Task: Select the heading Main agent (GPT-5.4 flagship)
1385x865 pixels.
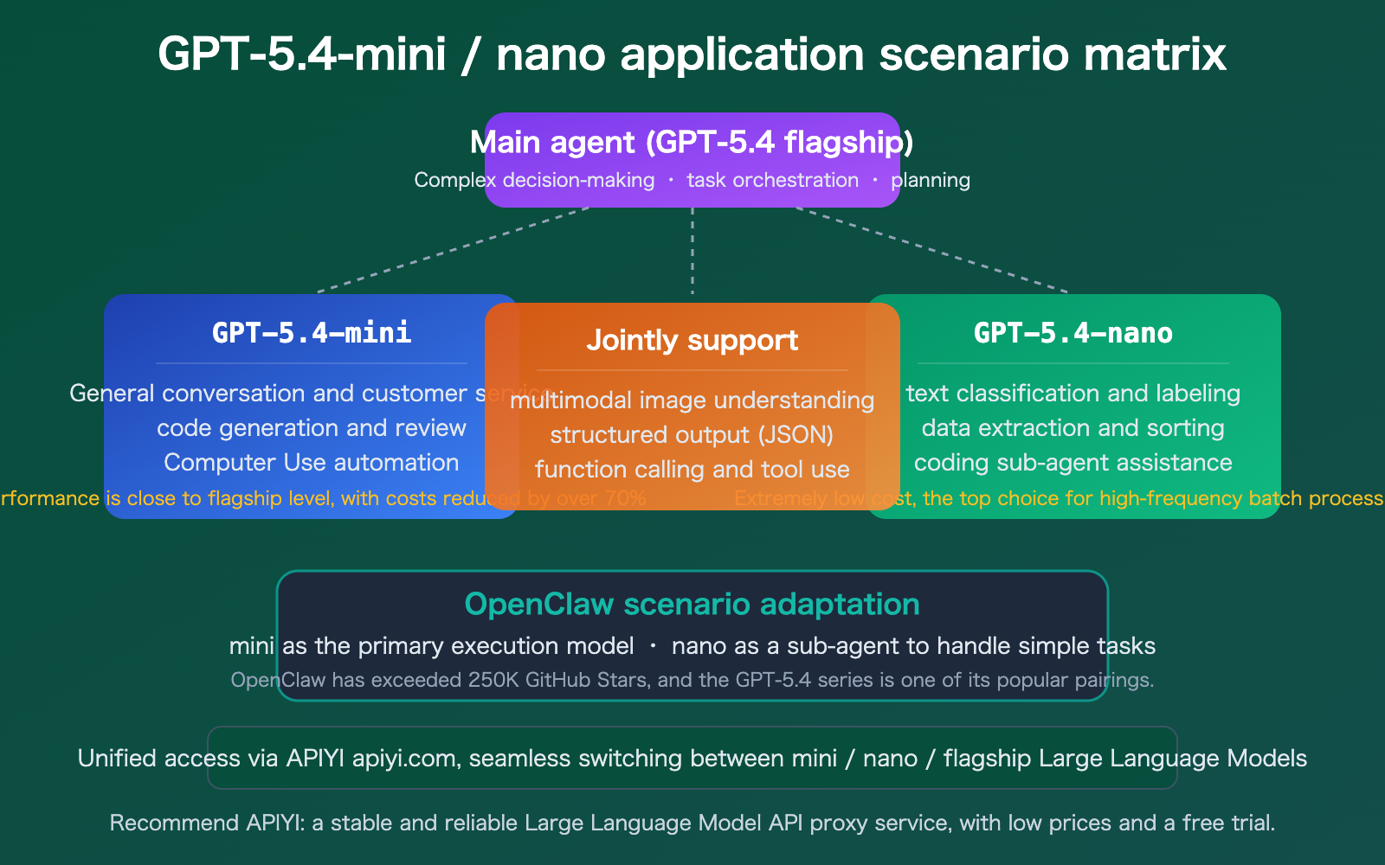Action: pyautogui.click(x=692, y=142)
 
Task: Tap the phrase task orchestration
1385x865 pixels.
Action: pyautogui.click(x=772, y=180)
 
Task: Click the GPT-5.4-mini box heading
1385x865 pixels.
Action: pyautogui.click(x=312, y=333)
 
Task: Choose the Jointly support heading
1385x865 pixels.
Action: pyautogui.click(x=692, y=340)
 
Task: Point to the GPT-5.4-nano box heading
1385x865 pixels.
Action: pyautogui.click(x=1073, y=333)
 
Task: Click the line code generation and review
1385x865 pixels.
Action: pyautogui.click(x=312, y=428)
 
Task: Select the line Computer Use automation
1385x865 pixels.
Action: pyautogui.click(x=312, y=463)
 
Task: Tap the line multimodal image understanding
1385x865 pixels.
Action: pyautogui.click(x=692, y=400)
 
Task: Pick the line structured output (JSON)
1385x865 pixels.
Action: pyautogui.click(x=692, y=434)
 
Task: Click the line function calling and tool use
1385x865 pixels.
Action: pyautogui.click(x=692, y=470)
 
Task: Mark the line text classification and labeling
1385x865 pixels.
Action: pyautogui.click(x=1073, y=394)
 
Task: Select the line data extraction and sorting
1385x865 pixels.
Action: pyautogui.click(x=1073, y=428)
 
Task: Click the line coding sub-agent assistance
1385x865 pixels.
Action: pyautogui.click(x=1073, y=463)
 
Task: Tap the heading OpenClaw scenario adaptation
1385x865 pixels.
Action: pyautogui.click(x=692, y=604)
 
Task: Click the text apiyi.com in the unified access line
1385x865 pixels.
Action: pyautogui.click(x=403, y=759)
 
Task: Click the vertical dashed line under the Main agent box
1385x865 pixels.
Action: pyautogui.click(x=692, y=251)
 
